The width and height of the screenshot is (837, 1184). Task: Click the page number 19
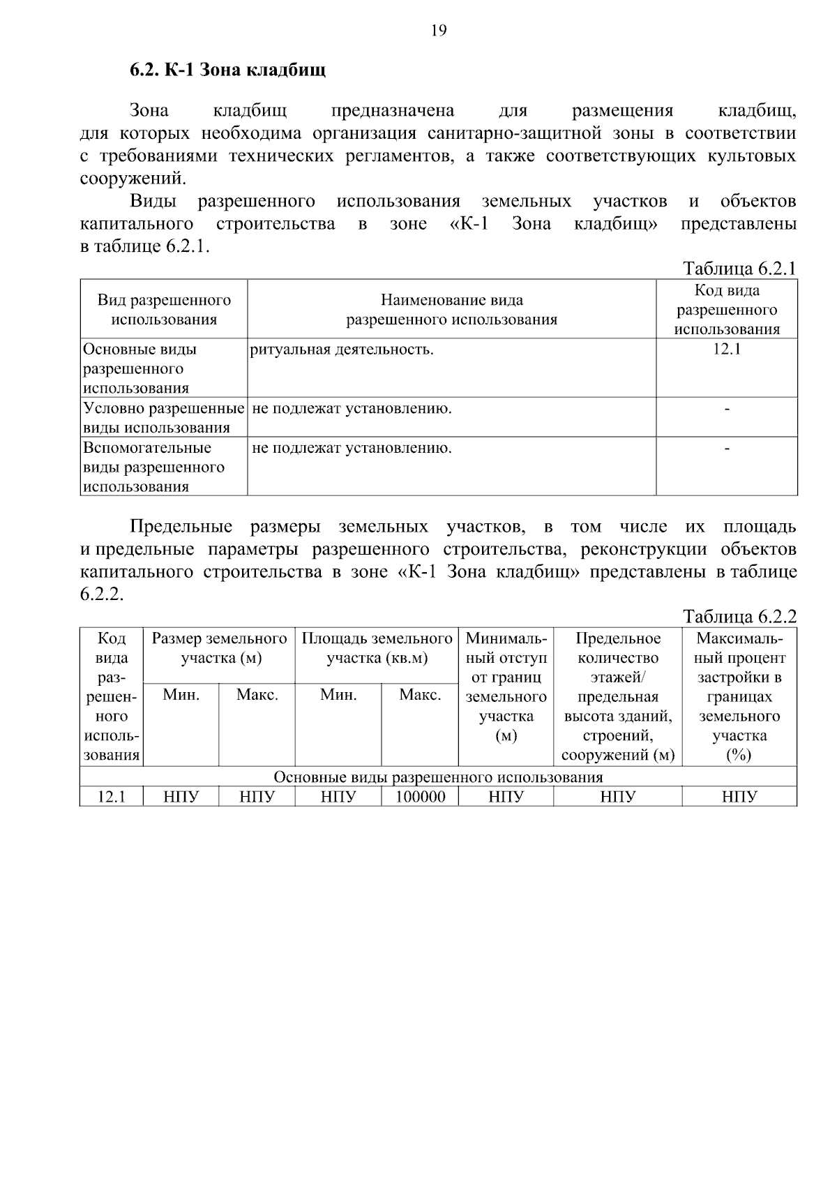point(438,30)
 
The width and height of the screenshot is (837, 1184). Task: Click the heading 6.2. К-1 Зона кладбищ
point(227,70)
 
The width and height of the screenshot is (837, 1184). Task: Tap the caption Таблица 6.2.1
point(739,269)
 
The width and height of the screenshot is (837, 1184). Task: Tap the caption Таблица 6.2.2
point(739,616)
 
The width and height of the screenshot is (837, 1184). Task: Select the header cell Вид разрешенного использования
point(164,310)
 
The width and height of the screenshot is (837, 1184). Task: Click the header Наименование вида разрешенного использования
point(452,310)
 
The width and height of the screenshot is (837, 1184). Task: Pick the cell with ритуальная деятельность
point(342,350)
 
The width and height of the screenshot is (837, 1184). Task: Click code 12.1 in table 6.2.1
point(726,350)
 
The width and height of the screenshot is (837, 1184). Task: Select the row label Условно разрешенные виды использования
point(164,417)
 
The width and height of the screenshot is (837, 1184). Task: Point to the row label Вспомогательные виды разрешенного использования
point(153,466)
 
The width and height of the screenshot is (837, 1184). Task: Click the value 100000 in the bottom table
point(420,797)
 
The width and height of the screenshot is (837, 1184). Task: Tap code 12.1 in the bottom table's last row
point(111,797)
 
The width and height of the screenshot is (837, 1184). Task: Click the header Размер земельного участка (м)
point(219,648)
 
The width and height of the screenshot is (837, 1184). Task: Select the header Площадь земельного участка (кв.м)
point(377,648)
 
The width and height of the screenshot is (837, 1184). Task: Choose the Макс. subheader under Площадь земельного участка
point(420,695)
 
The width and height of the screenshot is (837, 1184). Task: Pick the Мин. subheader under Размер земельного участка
point(181,695)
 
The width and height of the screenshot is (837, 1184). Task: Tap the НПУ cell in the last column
point(739,797)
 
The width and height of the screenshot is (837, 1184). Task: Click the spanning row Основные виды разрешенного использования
point(438,777)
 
